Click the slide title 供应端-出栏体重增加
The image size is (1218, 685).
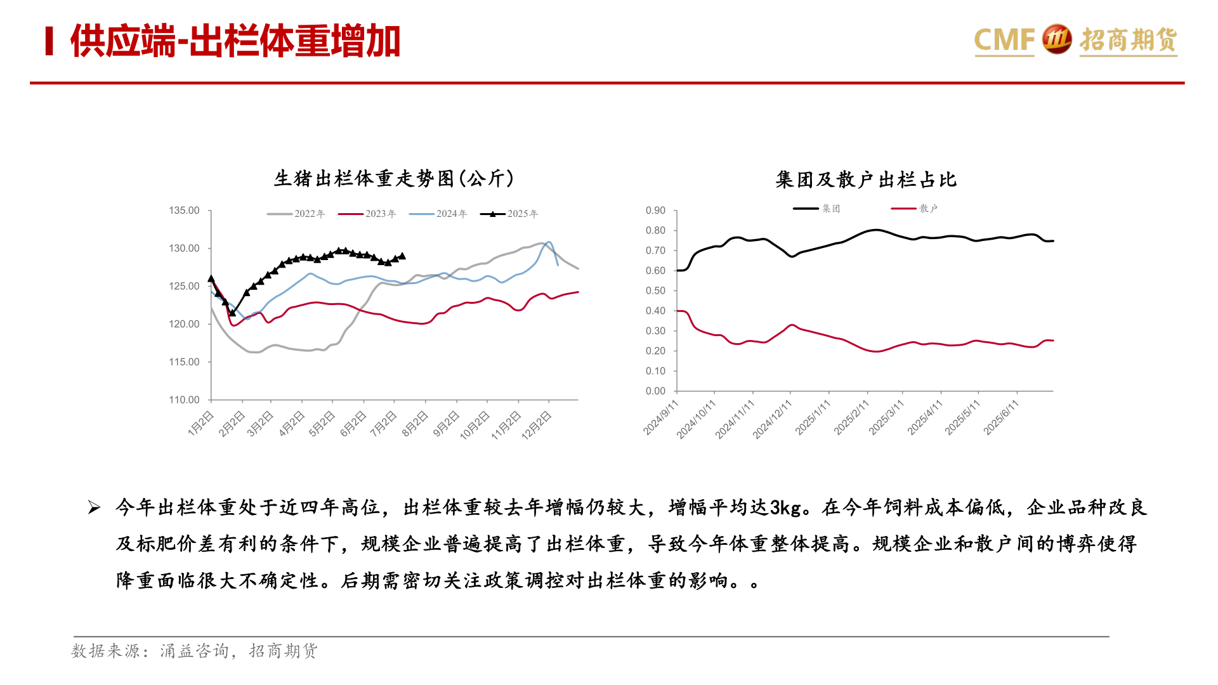(x=235, y=42)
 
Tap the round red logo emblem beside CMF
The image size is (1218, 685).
(x=1056, y=39)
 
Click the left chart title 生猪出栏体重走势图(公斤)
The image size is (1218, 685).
(x=393, y=179)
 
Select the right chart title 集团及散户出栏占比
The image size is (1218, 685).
(x=866, y=180)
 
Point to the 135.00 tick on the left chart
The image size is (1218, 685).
(x=184, y=211)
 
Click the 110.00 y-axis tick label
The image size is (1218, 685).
(x=184, y=400)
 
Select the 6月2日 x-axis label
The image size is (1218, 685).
(x=353, y=424)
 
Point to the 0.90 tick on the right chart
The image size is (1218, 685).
(x=655, y=211)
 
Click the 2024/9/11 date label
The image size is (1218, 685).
(x=661, y=417)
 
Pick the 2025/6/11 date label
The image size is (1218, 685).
(x=1001, y=417)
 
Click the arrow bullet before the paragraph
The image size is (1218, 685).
(x=94, y=507)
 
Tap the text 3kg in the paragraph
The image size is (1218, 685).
(x=785, y=507)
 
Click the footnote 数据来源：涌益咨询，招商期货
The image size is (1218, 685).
(x=194, y=651)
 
